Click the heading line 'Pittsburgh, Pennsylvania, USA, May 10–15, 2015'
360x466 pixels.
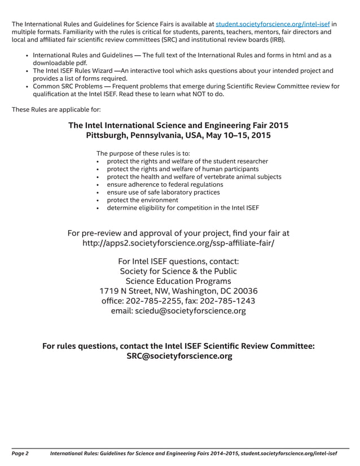pos(178,135)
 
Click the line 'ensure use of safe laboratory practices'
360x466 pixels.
pos(160,192)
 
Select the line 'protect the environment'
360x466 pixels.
pos(142,200)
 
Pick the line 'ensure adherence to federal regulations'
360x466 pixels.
pos(161,184)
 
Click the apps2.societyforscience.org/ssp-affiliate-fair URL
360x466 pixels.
pos(178,244)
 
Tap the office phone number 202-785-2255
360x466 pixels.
pos(160,301)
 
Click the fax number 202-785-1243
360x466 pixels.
pos(227,301)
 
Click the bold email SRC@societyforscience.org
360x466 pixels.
pos(179,356)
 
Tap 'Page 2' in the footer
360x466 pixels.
pos(20,453)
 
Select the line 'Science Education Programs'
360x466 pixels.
pos(178,281)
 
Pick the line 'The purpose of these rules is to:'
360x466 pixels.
pos(143,153)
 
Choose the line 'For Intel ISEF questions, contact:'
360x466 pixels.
pos(178,261)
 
